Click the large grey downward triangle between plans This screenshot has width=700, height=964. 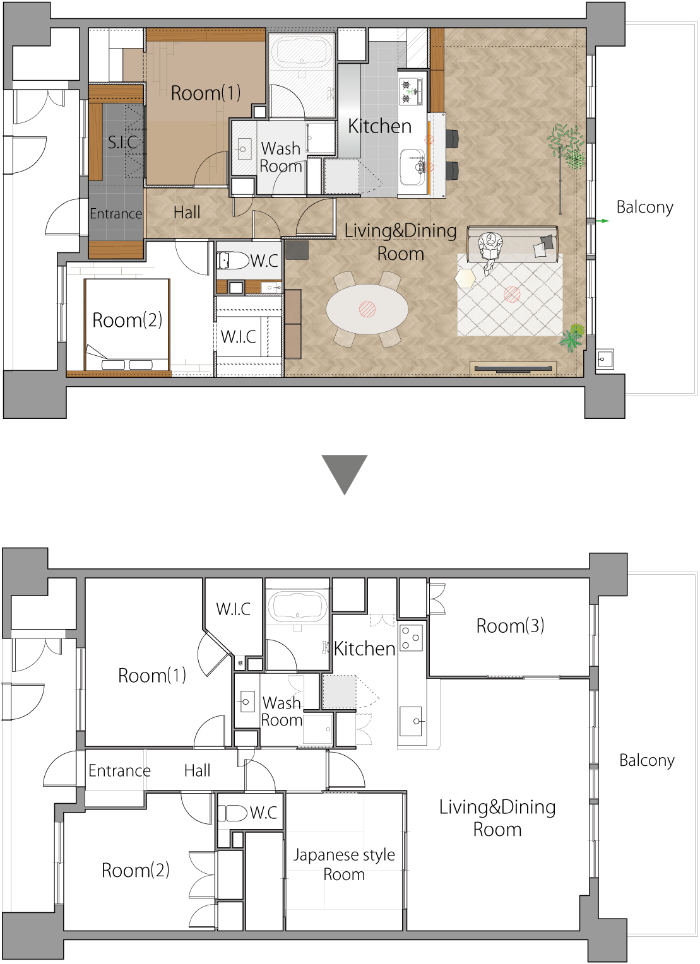[x=345, y=471]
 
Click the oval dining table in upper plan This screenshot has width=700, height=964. [x=367, y=309]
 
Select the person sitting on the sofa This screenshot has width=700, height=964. [x=490, y=251]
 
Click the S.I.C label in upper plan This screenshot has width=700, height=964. [x=122, y=142]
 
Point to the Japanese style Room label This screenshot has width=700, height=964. [x=344, y=864]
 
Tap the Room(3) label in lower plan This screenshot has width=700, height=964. [x=510, y=625]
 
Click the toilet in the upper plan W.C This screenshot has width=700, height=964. [x=232, y=260]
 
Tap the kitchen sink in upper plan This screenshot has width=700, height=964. [x=412, y=167]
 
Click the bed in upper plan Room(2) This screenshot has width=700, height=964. [x=127, y=324]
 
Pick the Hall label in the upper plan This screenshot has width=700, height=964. [x=187, y=212]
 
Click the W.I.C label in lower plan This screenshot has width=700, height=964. [x=234, y=609]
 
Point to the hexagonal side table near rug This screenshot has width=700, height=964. [x=465, y=279]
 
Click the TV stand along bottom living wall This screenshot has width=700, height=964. [x=513, y=368]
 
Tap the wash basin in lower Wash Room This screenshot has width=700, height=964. [x=246, y=702]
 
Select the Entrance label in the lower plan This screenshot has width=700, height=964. [x=120, y=770]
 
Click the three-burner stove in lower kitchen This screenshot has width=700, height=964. [x=412, y=638]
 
